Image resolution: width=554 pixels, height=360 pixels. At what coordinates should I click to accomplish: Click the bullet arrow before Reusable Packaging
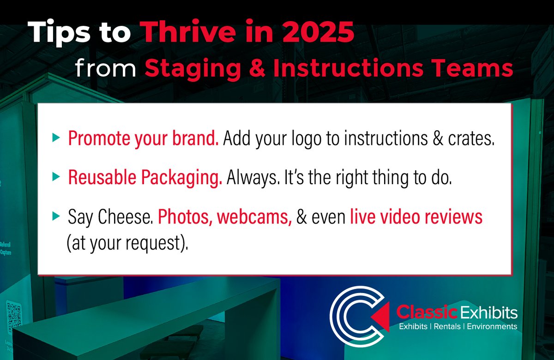pos(56,176)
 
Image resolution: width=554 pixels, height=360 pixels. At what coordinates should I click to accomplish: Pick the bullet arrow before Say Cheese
pos(56,215)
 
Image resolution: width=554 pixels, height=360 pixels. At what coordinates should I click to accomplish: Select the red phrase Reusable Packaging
pos(145,178)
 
